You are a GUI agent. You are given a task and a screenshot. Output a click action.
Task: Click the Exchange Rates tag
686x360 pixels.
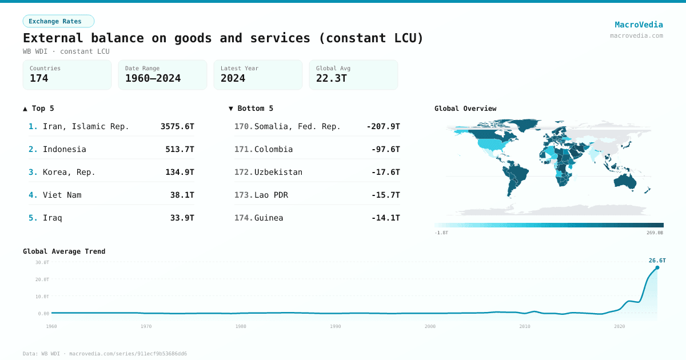pyautogui.click(x=58, y=22)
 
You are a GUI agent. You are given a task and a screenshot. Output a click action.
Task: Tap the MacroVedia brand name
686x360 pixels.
pyautogui.click(x=639, y=25)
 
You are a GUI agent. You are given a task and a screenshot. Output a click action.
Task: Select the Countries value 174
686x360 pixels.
pyautogui.click(x=39, y=78)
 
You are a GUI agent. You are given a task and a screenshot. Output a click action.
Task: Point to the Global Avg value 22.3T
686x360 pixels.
pyautogui.click(x=331, y=78)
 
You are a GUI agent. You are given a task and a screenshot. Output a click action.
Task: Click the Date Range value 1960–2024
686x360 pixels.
pyautogui.click(x=153, y=78)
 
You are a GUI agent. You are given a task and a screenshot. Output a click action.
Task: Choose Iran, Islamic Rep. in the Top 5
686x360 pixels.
pyautogui.click(x=86, y=126)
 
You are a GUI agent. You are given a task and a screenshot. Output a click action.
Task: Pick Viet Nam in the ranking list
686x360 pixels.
pyautogui.click(x=62, y=195)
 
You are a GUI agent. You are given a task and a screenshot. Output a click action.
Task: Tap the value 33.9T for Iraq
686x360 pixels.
pyautogui.click(x=182, y=218)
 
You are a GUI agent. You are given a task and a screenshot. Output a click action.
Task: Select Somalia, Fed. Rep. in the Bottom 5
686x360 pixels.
pyautogui.click(x=297, y=126)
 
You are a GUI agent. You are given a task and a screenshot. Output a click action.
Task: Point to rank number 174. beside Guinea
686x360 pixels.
pyautogui.click(x=244, y=218)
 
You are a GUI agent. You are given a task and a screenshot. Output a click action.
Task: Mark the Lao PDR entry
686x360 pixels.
pyautogui.click(x=271, y=195)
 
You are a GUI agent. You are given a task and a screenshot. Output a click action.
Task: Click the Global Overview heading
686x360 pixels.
pyautogui.click(x=465, y=109)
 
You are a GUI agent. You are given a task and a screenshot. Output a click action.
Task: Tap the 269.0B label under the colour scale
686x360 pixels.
pyautogui.click(x=655, y=233)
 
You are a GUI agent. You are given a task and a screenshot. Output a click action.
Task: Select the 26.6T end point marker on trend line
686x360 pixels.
pyautogui.click(x=657, y=267)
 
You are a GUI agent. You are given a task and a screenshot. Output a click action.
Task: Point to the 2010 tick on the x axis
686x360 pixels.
pyautogui.click(x=525, y=326)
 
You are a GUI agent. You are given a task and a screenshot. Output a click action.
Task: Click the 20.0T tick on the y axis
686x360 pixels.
pyautogui.click(x=43, y=279)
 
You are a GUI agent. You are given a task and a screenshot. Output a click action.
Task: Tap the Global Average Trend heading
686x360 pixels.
pyautogui.click(x=64, y=251)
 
